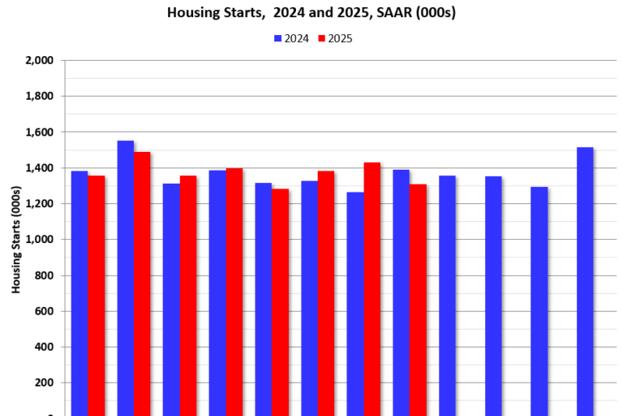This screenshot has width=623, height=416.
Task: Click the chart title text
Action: [311, 12]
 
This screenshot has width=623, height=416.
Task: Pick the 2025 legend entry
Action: [334, 38]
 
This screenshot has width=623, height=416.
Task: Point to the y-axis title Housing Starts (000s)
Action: [16, 239]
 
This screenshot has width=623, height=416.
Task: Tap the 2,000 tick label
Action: [40, 60]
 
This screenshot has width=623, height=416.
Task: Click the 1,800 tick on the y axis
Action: [40, 96]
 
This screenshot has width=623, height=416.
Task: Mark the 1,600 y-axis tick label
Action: [40, 132]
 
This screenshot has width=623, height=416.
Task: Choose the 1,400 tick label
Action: [40, 168]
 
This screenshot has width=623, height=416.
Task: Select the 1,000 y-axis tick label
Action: [40, 240]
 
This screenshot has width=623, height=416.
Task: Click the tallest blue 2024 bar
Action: [125, 276]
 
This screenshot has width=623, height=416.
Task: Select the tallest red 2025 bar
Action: [142, 284]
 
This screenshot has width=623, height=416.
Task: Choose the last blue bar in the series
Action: [585, 281]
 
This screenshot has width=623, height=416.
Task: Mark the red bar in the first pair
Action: [96, 296]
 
